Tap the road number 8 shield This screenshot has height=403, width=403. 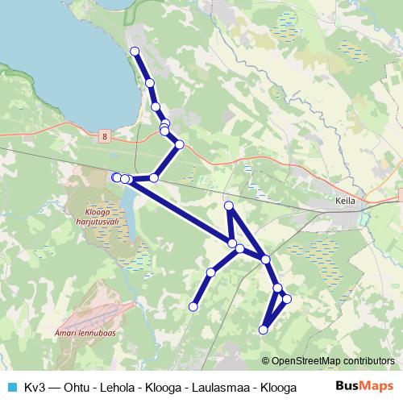coord(105,137)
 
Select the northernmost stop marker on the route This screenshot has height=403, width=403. coord(135,52)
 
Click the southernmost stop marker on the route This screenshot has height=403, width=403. coord(263,329)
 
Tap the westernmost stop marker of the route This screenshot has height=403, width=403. coord(116,177)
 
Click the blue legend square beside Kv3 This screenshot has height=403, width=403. coord(11,386)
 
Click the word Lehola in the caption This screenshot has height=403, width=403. coord(115,386)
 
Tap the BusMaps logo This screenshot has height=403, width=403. coord(364,385)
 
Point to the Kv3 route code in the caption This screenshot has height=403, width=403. coord(34,386)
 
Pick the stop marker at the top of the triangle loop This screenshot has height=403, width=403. coord(229,206)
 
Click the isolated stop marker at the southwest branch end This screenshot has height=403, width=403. coord(193,306)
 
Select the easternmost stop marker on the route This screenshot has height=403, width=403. coord(286,300)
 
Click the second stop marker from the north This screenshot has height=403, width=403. coord(150,82)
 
